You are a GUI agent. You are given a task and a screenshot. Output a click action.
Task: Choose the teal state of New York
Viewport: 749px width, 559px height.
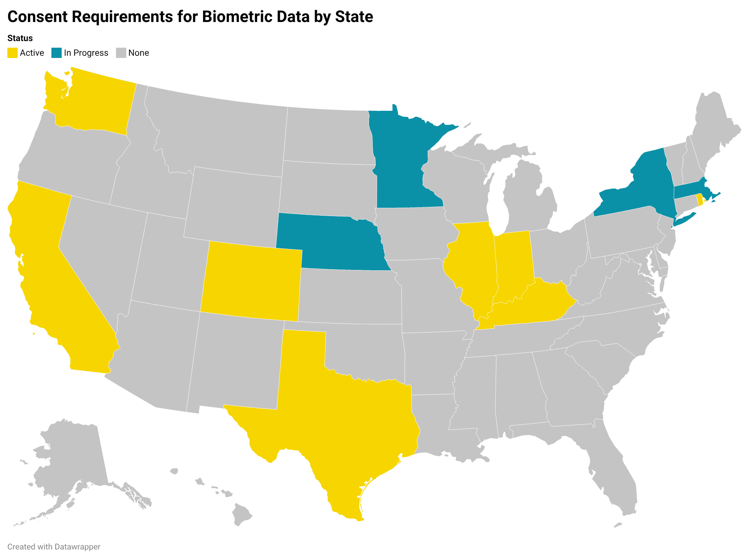(x=646, y=183)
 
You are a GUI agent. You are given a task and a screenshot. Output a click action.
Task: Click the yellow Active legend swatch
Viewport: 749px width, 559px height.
(x=12, y=53)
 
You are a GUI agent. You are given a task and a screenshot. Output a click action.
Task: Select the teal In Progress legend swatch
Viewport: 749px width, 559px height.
(x=57, y=53)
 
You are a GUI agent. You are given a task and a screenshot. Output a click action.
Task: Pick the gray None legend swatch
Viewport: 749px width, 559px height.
(x=121, y=53)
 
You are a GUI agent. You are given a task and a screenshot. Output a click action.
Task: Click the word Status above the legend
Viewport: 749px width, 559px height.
(x=20, y=38)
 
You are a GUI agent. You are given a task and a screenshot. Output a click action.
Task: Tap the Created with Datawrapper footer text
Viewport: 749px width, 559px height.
(x=54, y=547)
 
